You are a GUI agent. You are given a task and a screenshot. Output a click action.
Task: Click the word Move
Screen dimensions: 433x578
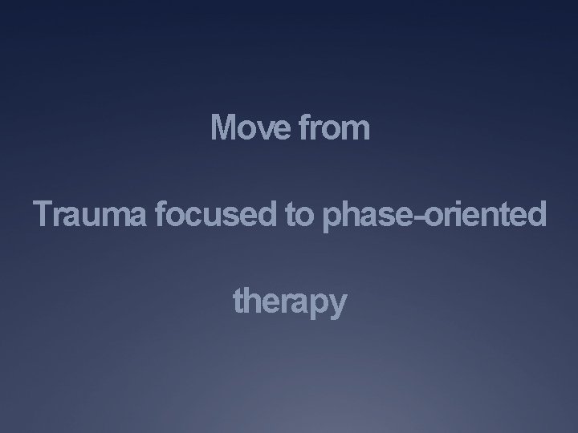249,127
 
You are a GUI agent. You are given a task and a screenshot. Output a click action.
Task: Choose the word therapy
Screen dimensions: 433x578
290,303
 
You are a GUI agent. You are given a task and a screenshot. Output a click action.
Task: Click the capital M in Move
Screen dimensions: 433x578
223,127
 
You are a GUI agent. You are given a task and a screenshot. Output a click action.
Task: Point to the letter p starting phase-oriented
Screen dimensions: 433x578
329,218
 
